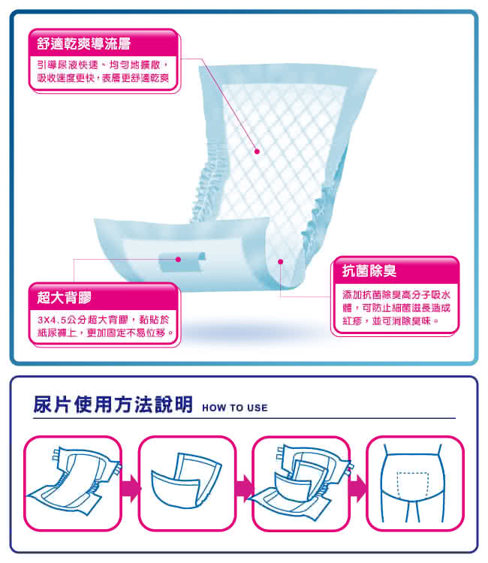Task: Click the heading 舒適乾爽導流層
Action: pyautogui.click(x=83, y=44)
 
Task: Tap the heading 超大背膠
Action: pyautogui.click(x=65, y=297)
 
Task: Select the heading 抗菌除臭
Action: pyautogui.click(x=369, y=270)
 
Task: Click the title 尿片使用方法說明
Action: pyautogui.click(x=113, y=405)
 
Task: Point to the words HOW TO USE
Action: pyautogui.click(x=235, y=408)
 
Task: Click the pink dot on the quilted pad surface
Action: pyautogui.click(x=257, y=152)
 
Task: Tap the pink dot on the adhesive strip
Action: pyautogui.click(x=178, y=259)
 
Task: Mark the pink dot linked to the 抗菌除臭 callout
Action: pyautogui.click(x=281, y=262)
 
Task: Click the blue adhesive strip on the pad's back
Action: pyautogui.click(x=182, y=261)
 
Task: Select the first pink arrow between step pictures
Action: pyautogui.click(x=131, y=489)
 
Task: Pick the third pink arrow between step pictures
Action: pyautogui.click(x=357, y=489)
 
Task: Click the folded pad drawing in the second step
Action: pyautogui.click(x=187, y=481)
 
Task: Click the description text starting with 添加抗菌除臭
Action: pyautogui.click(x=396, y=308)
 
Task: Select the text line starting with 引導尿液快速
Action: pyautogui.click(x=102, y=65)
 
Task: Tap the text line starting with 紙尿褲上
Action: pyautogui.click(x=105, y=333)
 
